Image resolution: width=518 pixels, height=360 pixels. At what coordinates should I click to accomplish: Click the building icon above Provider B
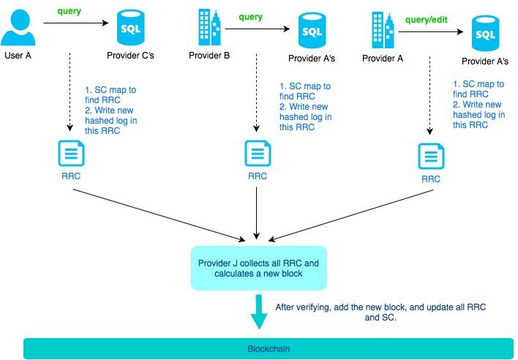pos(209,27)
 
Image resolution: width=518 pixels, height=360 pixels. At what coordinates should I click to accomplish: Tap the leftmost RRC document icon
pos(71,153)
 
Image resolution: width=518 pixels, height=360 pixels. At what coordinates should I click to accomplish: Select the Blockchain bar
pos(268,349)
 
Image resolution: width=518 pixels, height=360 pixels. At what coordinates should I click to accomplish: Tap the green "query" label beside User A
pos(70,12)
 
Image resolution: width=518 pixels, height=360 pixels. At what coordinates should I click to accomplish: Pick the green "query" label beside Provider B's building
pos(250,16)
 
